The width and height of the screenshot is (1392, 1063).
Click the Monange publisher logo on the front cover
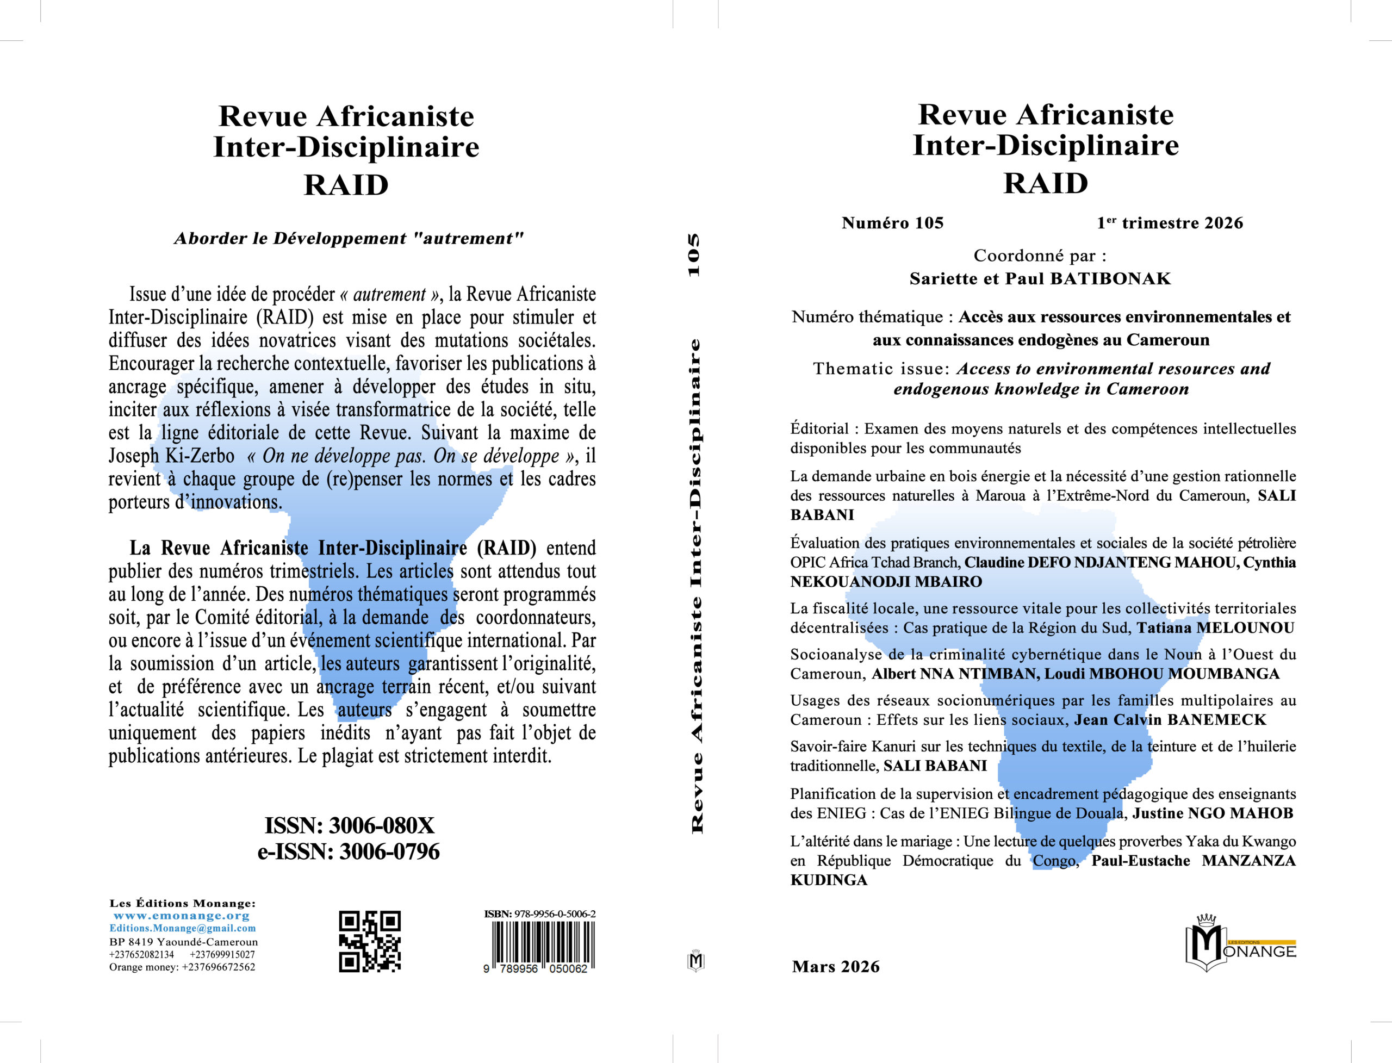[x=1240, y=943]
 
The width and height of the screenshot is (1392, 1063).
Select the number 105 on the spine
[x=694, y=255]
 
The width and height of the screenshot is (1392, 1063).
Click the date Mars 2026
[x=835, y=967]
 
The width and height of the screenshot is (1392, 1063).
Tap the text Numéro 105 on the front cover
[x=892, y=223]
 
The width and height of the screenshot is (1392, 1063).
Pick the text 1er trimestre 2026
[x=1169, y=223]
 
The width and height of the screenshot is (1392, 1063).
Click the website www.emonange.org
[x=182, y=916]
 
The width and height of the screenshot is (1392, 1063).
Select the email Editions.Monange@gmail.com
[x=182, y=928]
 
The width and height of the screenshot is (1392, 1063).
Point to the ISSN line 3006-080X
[x=349, y=826]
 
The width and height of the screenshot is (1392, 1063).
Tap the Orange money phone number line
[x=182, y=967]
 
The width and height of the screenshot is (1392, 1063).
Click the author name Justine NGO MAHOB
[x=1213, y=813]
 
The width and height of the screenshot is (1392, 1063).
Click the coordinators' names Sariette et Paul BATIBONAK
[x=1040, y=278]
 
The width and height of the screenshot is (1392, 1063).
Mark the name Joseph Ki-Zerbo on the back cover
[x=171, y=456]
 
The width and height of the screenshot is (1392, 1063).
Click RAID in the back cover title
[x=346, y=185]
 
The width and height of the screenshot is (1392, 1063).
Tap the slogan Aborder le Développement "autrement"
[x=349, y=239]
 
